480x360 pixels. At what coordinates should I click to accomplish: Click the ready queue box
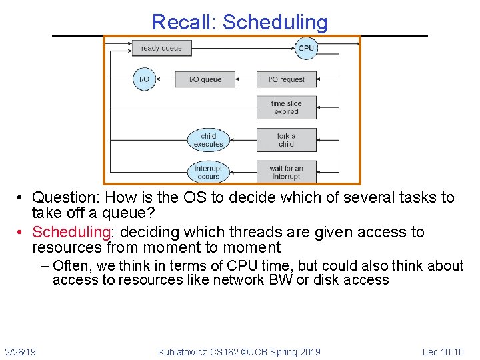(x=161, y=48)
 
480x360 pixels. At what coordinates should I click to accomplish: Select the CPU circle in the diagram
(x=306, y=48)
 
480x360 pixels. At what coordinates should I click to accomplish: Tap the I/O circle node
(x=144, y=79)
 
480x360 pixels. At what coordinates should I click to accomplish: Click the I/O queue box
(x=205, y=79)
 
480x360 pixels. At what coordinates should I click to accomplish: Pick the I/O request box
(x=287, y=79)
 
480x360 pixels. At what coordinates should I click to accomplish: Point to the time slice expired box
(x=287, y=107)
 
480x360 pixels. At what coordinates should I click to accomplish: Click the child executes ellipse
(x=208, y=140)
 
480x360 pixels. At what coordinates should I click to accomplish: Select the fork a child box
(x=287, y=140)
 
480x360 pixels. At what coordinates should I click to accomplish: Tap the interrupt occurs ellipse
(x=208, y=172)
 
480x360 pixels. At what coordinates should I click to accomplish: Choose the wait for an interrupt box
(x=287, y=172)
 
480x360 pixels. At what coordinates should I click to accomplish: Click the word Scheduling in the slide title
(x=275, y=22)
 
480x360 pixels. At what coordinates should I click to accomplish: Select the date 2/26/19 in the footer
(x=21, y=352)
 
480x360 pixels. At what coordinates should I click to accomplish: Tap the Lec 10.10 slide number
(x=443, y=352)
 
